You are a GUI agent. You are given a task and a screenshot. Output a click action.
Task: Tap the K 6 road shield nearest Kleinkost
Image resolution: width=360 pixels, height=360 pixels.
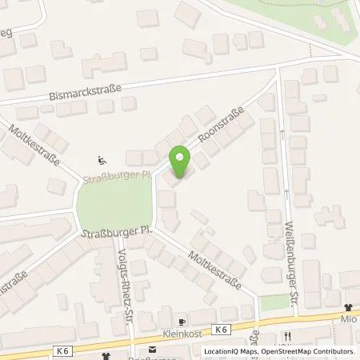tap(221, 329)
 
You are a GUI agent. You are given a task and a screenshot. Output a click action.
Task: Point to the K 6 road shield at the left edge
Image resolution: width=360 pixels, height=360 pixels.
tap(62, 349)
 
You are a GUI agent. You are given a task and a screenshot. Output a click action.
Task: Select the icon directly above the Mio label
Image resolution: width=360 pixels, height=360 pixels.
tap(348, 307)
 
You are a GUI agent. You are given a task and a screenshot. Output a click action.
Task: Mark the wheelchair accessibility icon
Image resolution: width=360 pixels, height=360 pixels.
tap(101, 158)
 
